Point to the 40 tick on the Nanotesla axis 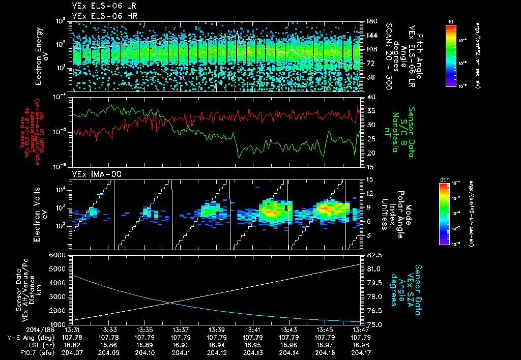pyautogui.click(x=369, y=97)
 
